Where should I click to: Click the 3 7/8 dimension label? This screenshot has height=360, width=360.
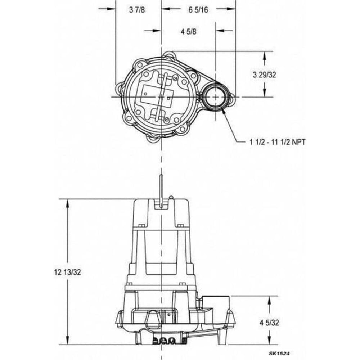tap(137, 10)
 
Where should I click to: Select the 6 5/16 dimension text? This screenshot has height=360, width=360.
tap(198, 10)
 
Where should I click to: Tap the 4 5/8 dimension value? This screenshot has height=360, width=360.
tap(188, 31)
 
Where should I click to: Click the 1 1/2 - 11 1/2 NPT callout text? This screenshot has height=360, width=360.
tap(277, 142)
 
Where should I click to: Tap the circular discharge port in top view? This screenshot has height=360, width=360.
tap(215, 97)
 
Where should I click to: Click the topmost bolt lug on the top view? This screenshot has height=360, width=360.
tap(168, 56)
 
